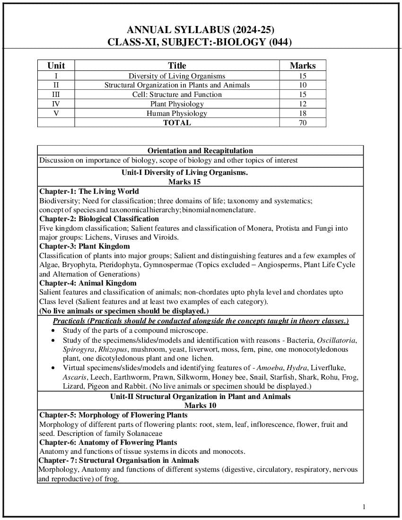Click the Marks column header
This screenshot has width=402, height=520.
point(303,66)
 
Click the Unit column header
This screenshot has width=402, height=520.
point(56,66)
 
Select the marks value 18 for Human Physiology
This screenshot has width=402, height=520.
point(303,113)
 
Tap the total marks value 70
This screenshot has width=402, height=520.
point(303,123)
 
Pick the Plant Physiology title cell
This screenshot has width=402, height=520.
point(177,104)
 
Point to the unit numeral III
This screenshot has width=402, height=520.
point(56,95)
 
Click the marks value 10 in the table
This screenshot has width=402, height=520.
point(303,85)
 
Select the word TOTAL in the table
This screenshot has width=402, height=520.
point(177,123)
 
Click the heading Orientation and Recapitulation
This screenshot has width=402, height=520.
point(200,151)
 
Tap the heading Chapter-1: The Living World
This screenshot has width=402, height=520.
point(89,191)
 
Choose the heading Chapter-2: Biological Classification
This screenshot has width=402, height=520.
point(99,219)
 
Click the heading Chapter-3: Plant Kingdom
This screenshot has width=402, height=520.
point(84,246)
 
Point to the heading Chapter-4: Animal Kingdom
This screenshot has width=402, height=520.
point(87,283)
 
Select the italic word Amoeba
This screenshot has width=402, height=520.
point(269,368)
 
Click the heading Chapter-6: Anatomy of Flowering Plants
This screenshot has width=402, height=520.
point(108,442)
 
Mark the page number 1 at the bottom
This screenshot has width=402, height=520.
point(364,507)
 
